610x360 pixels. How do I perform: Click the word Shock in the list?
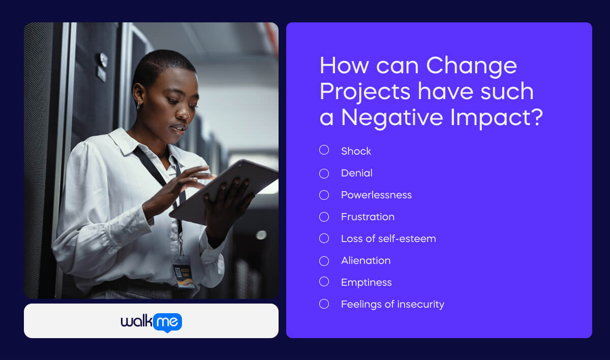click(356, 151)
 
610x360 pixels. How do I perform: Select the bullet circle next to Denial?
click(324, 173)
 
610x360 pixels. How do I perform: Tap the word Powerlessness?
click(376, 195)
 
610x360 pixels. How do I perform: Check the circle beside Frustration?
click(324, 217)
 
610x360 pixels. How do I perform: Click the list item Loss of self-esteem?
click(388, 238)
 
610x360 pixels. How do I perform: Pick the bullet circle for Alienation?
click(324, 261)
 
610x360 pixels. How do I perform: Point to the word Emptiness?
click(366, 282)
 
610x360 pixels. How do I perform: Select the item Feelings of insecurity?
click(392, 304)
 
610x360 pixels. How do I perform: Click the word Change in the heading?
click(471, 66)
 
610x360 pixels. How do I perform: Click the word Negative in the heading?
click(392, 117)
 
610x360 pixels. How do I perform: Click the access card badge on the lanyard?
click(183, 272)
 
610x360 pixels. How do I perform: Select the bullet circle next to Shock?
click(324, 150)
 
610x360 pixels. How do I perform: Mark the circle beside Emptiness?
click(324, 281)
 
